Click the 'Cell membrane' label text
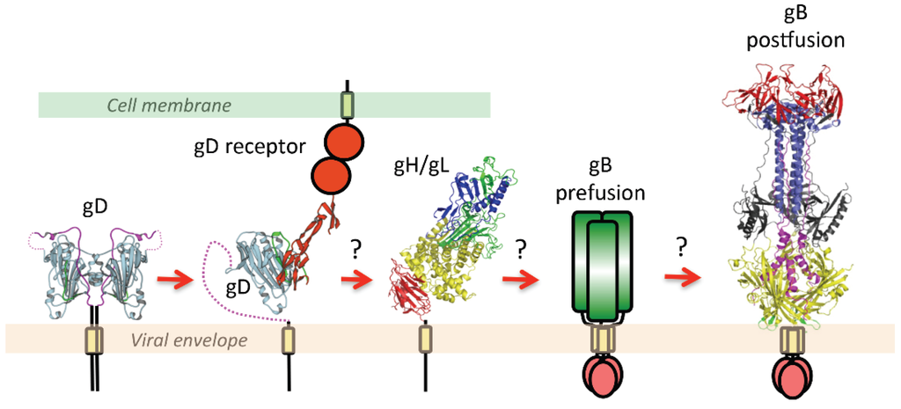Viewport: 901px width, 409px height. point(169,106)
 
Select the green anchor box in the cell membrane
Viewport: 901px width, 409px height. point(346,105)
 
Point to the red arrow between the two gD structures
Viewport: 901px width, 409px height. point(174,281)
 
